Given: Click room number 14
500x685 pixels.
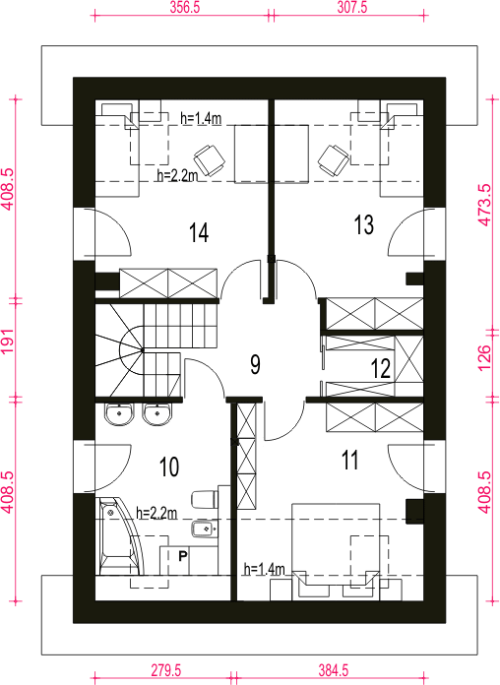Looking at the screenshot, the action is tap(199, 232).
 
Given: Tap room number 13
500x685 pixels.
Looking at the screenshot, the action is tap(363, 225).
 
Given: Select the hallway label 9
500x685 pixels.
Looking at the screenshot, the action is tap(256, 364).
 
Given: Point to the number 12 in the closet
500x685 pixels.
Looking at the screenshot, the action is tap(381, 369).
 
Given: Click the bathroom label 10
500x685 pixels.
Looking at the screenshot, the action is tap(169, 467).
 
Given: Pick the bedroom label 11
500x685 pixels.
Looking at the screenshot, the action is tap(349, 460).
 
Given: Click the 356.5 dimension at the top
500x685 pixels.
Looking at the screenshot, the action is tap(185, 8).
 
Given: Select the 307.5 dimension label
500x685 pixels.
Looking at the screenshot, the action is tap(351, 8).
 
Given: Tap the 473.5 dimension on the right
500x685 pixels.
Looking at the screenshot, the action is tap(484, 205).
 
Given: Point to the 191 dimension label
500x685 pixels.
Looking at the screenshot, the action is tap(9, 342).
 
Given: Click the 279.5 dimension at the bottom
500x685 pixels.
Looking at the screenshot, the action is tap(166, 670).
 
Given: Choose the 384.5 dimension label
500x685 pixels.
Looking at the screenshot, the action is tap(334, 670).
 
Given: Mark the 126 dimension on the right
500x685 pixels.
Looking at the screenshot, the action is tap(484, 358).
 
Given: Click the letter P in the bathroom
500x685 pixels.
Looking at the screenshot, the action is tap(183, 556).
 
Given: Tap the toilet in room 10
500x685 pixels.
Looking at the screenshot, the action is tap(205, 499).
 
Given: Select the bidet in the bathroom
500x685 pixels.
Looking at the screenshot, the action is tap(204, 529).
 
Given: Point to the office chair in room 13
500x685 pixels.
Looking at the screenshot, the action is tap(333, 160).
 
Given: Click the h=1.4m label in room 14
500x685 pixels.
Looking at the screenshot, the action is tap(201, 118).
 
